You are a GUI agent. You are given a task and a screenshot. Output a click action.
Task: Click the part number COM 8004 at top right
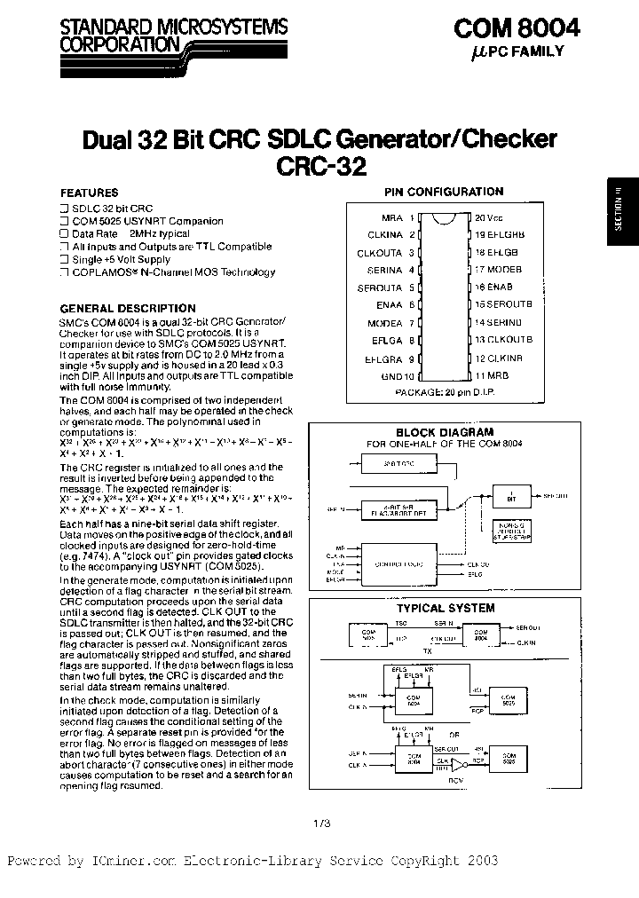(517, 28)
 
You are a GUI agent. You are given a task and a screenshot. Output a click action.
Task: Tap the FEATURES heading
(89, 192)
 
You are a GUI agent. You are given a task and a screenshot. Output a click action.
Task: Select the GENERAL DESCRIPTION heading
(128, 308)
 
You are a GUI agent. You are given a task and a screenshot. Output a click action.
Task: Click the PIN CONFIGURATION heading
(443, 191)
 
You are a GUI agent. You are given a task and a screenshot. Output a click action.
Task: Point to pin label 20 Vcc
(488, 217)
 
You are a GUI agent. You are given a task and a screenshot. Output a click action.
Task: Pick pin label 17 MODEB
(497, 270)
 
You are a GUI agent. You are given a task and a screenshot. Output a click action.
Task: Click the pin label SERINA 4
(390, 270)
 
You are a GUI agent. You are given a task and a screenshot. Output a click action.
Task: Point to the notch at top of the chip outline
(443, 216)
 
